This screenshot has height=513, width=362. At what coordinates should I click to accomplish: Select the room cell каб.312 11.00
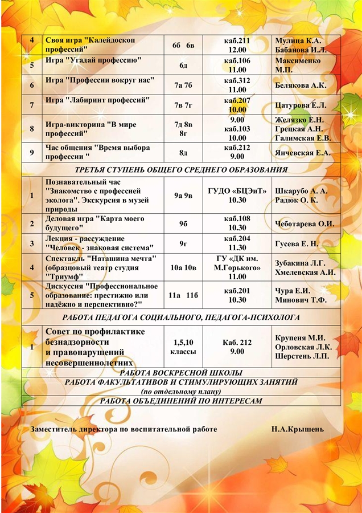237,85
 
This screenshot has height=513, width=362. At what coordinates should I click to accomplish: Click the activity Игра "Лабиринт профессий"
97,100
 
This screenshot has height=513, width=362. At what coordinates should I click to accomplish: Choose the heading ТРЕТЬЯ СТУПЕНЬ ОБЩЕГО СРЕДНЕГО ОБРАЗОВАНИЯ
181,169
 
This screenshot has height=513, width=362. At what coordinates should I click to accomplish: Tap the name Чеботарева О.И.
304,223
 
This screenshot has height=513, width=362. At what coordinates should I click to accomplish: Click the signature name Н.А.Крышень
298,429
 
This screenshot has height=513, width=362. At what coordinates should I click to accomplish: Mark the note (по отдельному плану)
181,392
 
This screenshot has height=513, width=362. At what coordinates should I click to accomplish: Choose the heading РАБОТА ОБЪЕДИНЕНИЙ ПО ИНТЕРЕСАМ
181,401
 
